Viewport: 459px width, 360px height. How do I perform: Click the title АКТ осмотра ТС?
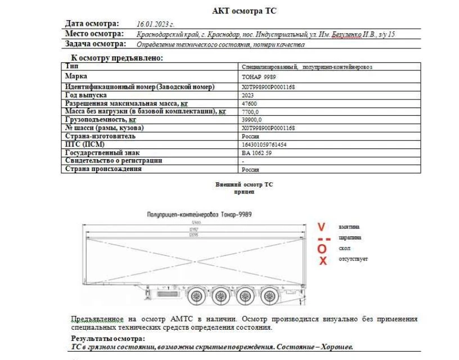click(x=244, y=11)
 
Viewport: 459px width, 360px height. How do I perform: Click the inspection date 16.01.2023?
click(x=155, y=25)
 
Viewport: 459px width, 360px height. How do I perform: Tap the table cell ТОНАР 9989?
click(x=259, y=77)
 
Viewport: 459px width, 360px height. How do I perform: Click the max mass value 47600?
click(x=249, y=104)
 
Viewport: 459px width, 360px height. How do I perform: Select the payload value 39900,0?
click(x=251, y=120)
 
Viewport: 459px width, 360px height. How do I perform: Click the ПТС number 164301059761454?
click(x=263, y=145)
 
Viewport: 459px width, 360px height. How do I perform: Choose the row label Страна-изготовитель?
click(x=100, y=136)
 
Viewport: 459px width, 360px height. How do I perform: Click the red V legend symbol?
click(x=322, y=227)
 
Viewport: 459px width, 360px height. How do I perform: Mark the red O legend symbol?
click(x=322, y=249)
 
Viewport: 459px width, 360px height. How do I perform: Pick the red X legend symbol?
click(x=323, y=260)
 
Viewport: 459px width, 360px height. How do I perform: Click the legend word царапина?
click(x=350, y=237)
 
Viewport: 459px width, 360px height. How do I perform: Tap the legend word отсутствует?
click(x=353, y=259)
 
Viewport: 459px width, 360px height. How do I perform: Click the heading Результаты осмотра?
click(x=107, y=339)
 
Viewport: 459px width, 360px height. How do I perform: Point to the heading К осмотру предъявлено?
click(x=116, y=57)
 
